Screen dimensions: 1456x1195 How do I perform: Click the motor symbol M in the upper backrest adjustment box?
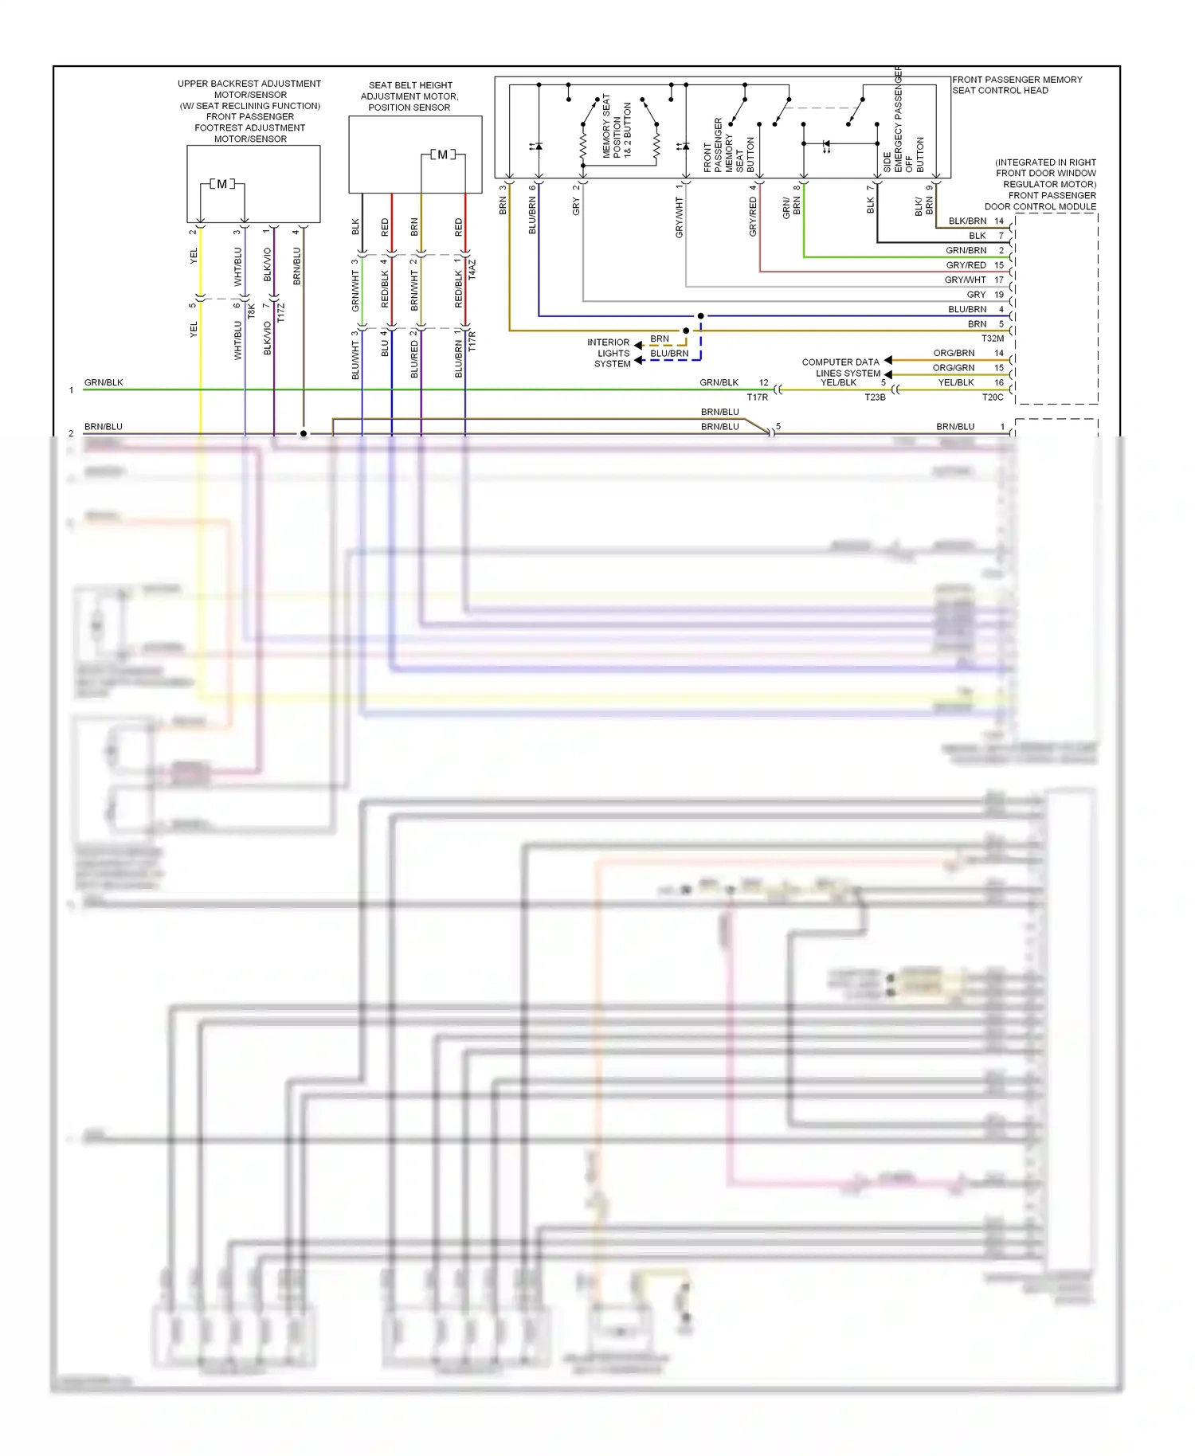coord(221,184)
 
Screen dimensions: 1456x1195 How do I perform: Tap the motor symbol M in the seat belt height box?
coord(442,155)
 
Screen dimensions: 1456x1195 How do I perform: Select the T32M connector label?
coord(992,339)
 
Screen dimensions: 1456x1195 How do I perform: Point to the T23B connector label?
coord(875,397)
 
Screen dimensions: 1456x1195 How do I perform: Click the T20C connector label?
coord(992,397)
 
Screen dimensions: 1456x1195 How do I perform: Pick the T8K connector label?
coord(251,311)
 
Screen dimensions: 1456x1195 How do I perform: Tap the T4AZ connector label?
coord(472,268)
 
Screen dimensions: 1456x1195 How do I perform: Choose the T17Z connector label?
coord(280,312)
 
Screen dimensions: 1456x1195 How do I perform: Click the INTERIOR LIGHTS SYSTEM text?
coord(611,353)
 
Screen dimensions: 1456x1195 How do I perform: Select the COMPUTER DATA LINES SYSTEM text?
coord(840,367)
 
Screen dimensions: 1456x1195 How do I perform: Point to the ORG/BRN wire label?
coord(954,353)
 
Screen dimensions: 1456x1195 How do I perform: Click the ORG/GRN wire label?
coord(953,368)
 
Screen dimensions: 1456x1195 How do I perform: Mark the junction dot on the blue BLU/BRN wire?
coord(700,316)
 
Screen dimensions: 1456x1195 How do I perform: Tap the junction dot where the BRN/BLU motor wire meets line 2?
coord(304,433)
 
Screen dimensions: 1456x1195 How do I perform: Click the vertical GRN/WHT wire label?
coord(356,291)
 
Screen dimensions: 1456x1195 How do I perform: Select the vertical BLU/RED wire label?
coord(414,359)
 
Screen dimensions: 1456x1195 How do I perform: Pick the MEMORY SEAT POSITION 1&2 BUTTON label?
coord(616,127)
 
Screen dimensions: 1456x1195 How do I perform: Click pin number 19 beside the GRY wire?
coord(998,295)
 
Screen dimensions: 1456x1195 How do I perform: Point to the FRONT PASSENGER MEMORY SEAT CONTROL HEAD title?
coord(1017,85)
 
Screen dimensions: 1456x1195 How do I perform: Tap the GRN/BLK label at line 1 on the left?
coord(104,382)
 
